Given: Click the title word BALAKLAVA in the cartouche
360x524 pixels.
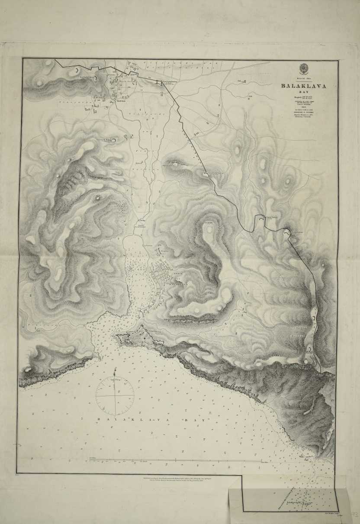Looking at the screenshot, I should click(x=303, y=86).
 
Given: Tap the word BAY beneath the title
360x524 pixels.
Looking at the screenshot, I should click(x=303, y=92).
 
